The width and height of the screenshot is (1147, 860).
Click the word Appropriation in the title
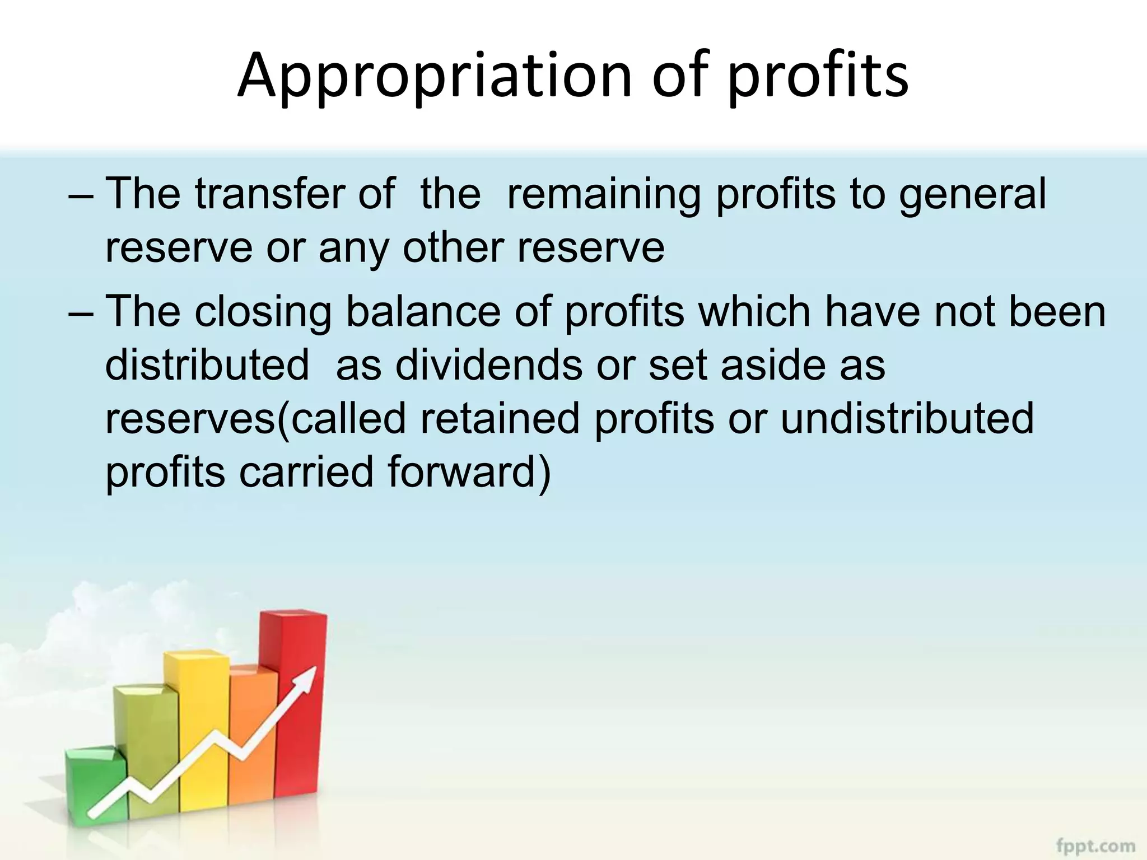(x=435, y=76)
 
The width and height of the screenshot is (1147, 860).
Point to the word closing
(x=263, y=312)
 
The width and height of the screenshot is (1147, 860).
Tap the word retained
(x=499, y=419)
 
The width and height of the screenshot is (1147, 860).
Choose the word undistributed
(x=907, y=419)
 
